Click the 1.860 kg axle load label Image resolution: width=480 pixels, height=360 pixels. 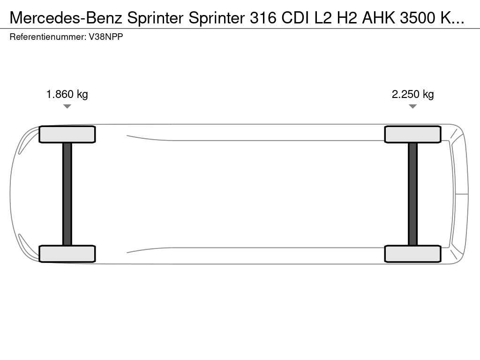(x=67, y=94)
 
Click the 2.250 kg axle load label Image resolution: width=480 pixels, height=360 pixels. (x=412, y=94)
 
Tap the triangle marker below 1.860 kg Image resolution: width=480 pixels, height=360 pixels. (x=67, y=106)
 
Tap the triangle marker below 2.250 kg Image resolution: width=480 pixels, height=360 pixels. (x=412, y=106)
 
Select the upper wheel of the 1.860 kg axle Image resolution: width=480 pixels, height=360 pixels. (x=67, y=135)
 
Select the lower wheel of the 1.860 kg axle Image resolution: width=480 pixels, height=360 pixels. (x=67, y=254)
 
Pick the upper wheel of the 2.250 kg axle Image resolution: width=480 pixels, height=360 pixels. (x=412, y=135)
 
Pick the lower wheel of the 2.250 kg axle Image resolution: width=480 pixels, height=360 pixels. (x=412, y=254)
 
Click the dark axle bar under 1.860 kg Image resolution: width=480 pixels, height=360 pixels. (x=67, y=194)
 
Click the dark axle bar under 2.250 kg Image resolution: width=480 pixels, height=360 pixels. (x=412, y=194)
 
